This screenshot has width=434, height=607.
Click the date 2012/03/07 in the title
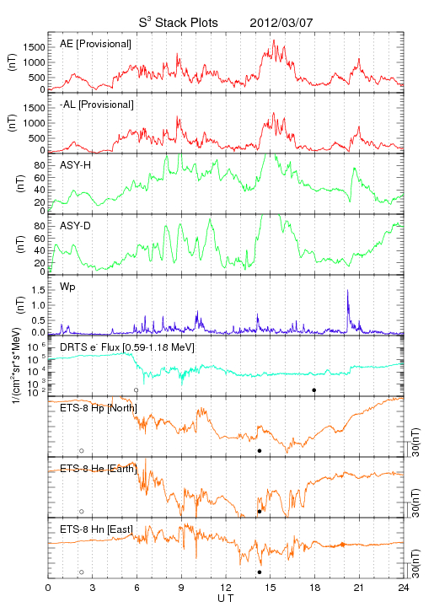point(281,23)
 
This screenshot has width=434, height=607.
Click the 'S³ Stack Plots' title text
point(179,23)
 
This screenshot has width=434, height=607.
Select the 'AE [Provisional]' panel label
point(95,44)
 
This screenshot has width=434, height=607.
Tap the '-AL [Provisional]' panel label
point(97,105)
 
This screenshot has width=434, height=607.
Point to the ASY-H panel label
point(76,165)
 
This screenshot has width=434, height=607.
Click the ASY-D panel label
point(76,226)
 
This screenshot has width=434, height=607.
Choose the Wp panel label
point(67,287)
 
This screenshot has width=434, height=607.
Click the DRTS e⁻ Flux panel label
point(127,347)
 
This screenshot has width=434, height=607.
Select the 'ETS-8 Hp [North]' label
point(99,408)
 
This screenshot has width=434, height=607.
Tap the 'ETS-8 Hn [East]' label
point(96,529)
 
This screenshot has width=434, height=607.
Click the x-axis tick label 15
point(271,588)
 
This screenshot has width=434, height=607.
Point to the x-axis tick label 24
point(404,588)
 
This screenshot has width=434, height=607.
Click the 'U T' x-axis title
point(226,599)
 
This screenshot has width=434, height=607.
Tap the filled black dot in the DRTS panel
point(314,390)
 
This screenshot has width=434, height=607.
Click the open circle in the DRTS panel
point(136,390)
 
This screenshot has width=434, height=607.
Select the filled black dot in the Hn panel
point(260,572)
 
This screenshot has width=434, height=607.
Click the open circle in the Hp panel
point(81,451)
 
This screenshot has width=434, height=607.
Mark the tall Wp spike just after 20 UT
point(347,309)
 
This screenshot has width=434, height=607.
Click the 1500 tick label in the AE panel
point(34,47)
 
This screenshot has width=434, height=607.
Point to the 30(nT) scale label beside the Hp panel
point(415,442)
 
